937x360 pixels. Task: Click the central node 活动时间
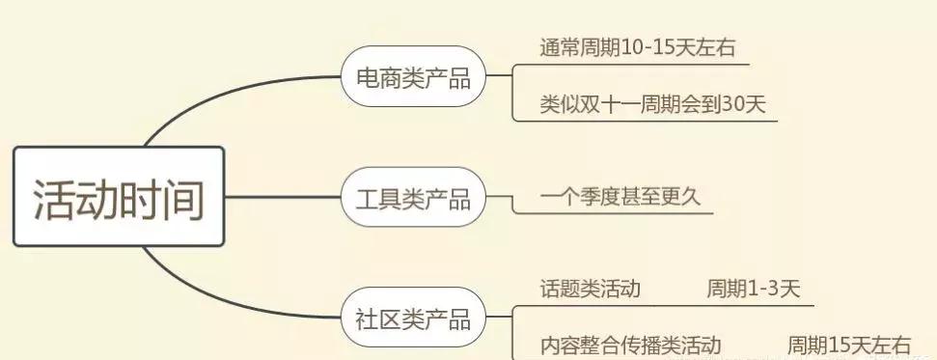[x=119, y=197]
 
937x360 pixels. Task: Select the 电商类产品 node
[x=412, y=78]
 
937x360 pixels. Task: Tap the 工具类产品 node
[x=412, y=199]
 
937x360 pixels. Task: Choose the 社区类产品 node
[x=412, y=318]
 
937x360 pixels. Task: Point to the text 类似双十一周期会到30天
[x=653, y=104]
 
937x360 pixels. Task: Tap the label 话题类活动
[x=591, y=289]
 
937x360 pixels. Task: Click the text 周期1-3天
[x=753, y=289]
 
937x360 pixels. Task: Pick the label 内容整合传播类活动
[x=630, y=345]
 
